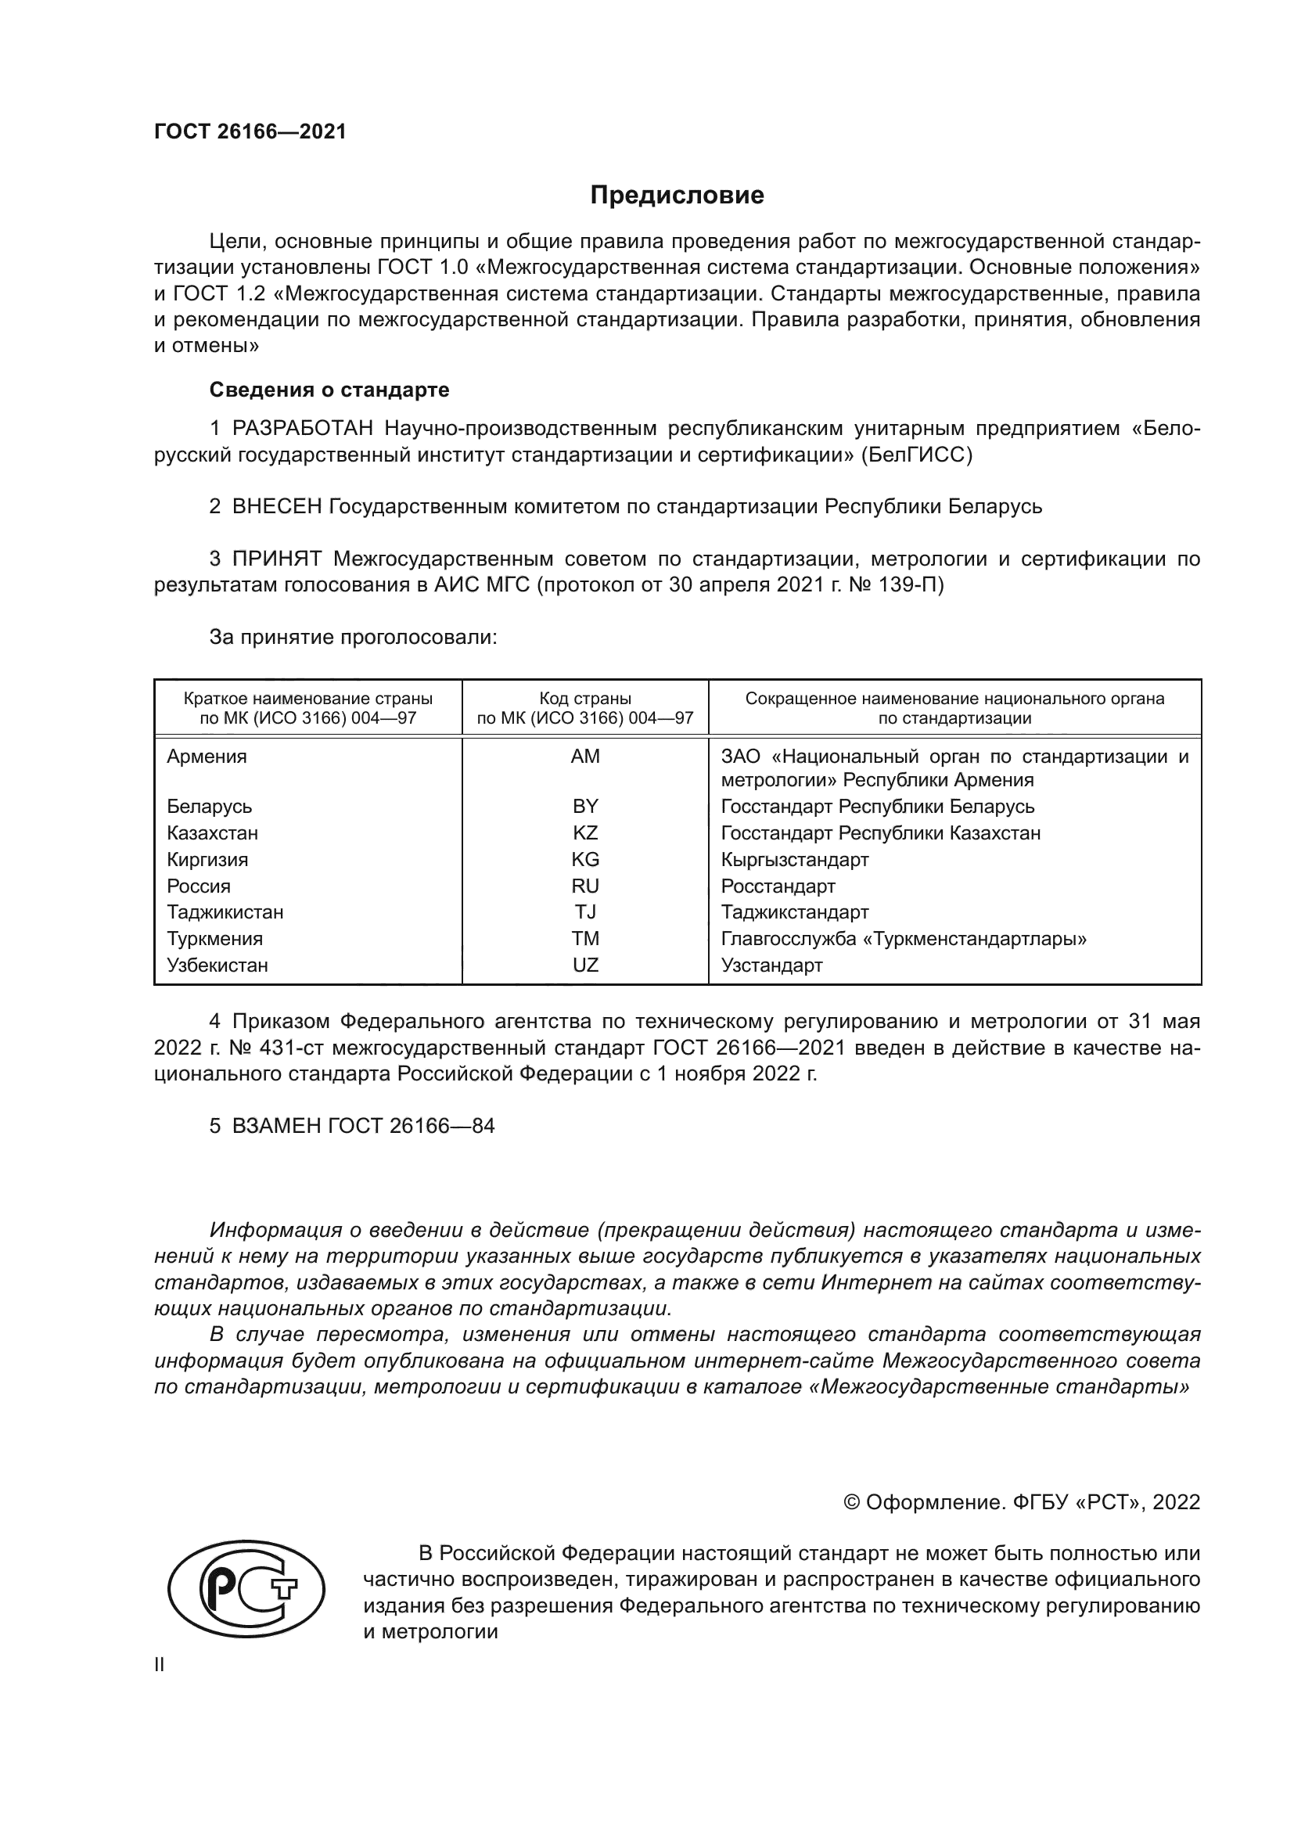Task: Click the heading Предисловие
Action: coord(677,196)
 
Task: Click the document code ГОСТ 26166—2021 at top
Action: coord(250,132)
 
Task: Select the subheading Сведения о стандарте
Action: coord(329,390)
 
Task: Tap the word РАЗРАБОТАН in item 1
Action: coord(303,429)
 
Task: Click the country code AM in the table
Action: coord(585,757)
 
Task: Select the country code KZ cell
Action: coord(585,833)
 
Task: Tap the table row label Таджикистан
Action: coord(225,911)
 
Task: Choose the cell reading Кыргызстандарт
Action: coord(794,859)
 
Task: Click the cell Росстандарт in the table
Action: coord(778,886)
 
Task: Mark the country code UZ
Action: coord(585,965)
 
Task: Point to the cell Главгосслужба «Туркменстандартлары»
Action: coord(904,939)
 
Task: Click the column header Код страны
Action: coord(585,699)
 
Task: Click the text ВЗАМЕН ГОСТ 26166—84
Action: coord(362,1126)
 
